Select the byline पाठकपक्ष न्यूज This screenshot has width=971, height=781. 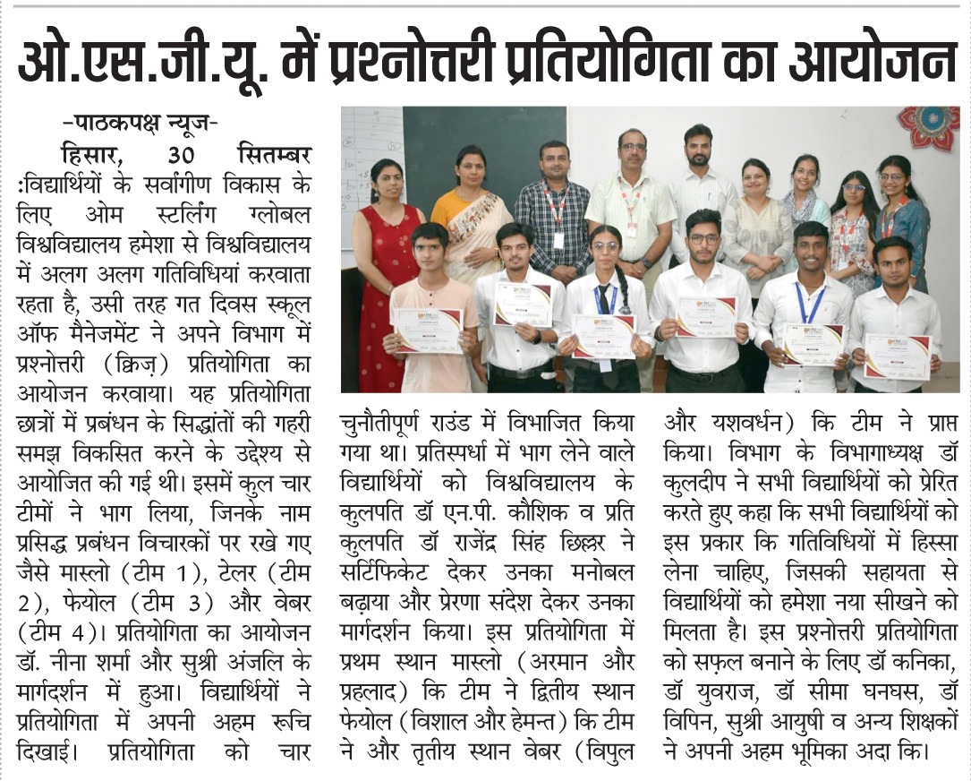pos(140,124)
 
